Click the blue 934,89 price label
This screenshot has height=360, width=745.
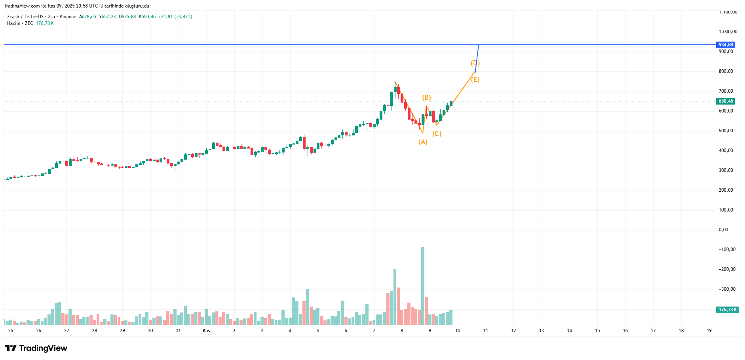point(726,45)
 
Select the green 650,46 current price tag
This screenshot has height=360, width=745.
point(726,101)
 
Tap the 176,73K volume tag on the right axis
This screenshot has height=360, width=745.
point(727,310)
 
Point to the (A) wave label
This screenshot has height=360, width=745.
point(423,142)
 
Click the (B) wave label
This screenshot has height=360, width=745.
point(426,97)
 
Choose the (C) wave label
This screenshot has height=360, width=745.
point(437,133)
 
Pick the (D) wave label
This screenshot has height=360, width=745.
point(475,63)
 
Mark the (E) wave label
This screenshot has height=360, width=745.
point(475,80)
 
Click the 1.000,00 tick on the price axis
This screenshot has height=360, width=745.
point(728,32)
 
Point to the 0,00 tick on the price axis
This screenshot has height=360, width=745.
point(723,230)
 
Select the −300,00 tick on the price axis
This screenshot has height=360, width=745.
point(727,289)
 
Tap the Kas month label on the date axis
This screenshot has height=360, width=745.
point(206,331)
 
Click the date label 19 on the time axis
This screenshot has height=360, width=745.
point(709,331)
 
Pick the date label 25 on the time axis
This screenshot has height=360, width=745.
point(11,331)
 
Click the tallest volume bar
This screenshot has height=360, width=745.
point(423,285)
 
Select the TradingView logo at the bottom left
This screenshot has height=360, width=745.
point(36,348)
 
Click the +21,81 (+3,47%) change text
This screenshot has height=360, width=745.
point(175,17)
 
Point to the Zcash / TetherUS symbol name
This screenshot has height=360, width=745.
point(25,17)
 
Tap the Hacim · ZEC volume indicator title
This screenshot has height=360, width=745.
point(20,23)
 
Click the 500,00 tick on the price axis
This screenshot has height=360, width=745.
point(726,131)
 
